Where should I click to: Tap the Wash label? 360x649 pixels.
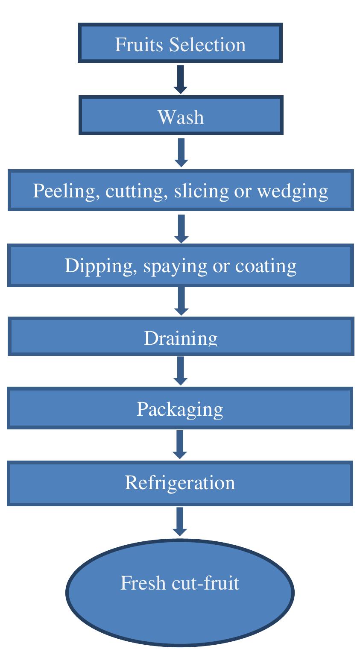point(181,117)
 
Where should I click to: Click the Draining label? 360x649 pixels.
point(181,338)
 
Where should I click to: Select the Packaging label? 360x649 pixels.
point(180,409)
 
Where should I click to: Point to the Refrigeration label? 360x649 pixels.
point(180,483)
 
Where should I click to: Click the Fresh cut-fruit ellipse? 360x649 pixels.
point(180,592)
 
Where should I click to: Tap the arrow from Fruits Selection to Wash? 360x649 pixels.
point(180,79)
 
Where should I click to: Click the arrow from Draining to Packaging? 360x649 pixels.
point(181,371)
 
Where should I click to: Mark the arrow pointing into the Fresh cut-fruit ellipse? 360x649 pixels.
point(180,521)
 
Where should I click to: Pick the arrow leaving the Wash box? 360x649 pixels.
point(181,153)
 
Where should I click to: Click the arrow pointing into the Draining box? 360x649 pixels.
point(181,301)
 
